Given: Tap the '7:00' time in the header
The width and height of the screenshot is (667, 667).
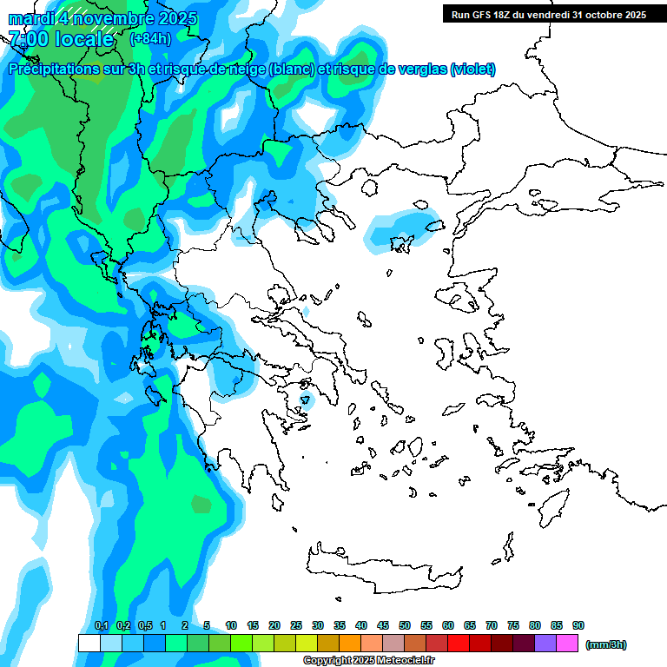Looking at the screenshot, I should coord(28,39).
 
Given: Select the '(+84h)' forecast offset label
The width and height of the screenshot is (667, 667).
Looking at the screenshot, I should coord(150,39).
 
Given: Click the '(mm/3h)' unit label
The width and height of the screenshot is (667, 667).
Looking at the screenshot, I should coord(606,644).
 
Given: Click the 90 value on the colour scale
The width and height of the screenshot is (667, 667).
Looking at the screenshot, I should coord(578,625).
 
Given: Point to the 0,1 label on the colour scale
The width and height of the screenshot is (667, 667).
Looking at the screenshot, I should coord(101,625).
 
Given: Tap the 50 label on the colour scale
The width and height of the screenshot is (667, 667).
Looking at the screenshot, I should coord(405,625).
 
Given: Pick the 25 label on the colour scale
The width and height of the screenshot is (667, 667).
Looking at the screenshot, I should coord(296,625).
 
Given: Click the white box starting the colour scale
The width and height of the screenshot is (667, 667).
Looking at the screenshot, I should coord(89,643).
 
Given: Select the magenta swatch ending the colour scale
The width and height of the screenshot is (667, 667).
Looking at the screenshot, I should coord(567,643).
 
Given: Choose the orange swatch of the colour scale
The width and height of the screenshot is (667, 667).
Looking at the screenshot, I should coord(350,643).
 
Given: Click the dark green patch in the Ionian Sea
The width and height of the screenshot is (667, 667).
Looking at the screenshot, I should coord(201,504).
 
